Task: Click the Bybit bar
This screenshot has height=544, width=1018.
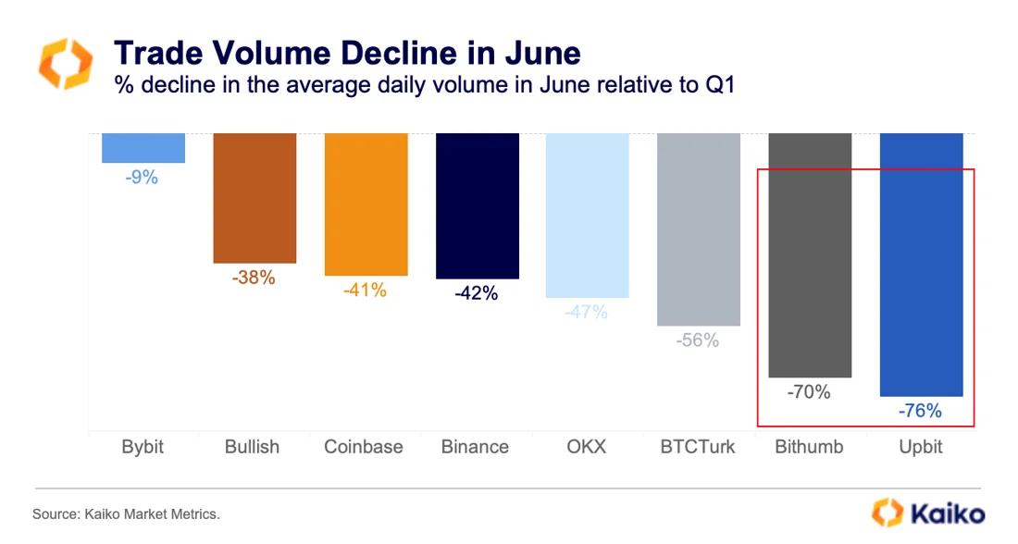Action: (x=143, y=148)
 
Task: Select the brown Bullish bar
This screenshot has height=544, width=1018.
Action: (x=254, y=198)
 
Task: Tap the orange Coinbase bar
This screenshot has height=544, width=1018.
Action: (x=366, y=204)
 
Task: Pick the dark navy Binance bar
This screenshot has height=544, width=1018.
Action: (x=477, y=205)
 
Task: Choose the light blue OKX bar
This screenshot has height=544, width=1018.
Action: (x=588, y=215)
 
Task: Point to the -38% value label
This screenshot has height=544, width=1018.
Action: (x=254, y=277)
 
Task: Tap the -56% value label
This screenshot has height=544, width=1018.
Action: (x=698, y=340)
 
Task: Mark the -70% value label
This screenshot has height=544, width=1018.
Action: (x=809, y=391)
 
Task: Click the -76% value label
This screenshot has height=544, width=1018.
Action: (x=920, y=411)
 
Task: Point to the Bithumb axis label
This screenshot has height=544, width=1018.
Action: (x=809, y=447)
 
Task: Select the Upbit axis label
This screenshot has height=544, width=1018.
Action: (x=921, y=447)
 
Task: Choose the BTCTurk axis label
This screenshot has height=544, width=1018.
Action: (x=698, y=447)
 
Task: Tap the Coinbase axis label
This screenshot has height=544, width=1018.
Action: (x=364, y=447)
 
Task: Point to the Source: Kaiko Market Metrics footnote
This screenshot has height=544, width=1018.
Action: (x=127, y=513)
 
